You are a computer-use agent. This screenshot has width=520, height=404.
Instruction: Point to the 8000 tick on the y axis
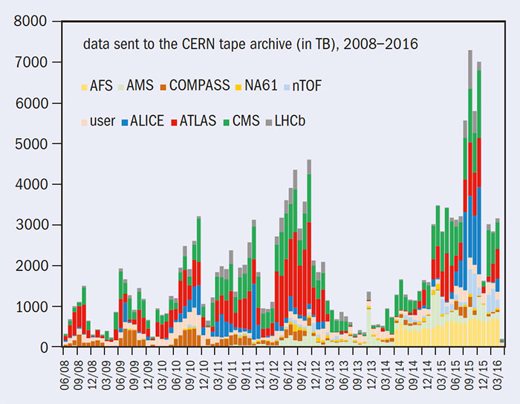tap(33, 22)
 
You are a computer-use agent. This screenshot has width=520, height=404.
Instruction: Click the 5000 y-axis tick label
tap(33, 143)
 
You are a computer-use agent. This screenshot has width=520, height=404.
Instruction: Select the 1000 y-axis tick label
tap(33, 306)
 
